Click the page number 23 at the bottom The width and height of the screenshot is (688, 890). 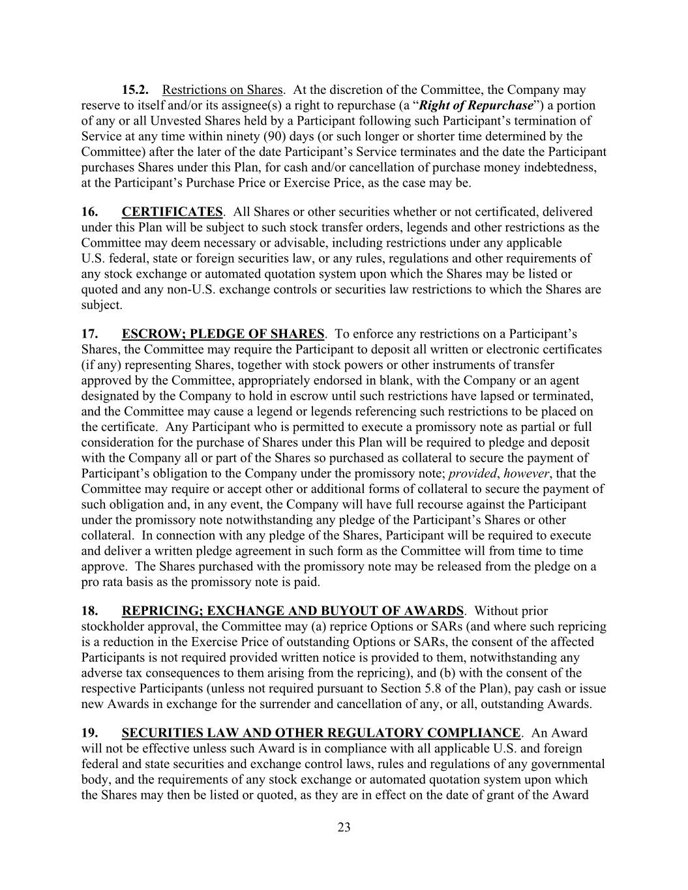pos(344,827)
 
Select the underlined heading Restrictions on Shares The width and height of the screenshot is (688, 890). pos(222,90)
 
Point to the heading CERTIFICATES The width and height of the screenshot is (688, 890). pos(172,212)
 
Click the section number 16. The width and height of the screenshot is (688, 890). pos(90,212)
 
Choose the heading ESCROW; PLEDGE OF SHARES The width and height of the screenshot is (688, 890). pos(222,334)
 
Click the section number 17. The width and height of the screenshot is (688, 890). pos(90,334)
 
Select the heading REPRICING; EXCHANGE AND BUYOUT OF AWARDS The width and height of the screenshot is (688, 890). pos(292,611)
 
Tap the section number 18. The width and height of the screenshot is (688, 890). pos(90,611)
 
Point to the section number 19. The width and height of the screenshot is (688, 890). pos(90,733)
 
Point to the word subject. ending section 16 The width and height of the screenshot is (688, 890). pos(102,305)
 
